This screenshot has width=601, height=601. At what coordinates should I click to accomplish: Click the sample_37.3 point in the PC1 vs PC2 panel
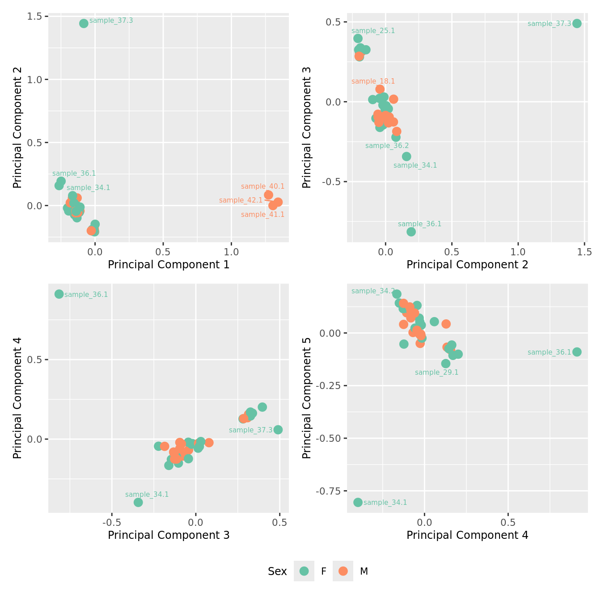(84, 23)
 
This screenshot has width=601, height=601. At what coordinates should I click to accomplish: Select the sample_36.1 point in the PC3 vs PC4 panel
(59, 294)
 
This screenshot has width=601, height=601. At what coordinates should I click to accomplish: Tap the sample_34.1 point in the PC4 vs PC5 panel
(358, 502)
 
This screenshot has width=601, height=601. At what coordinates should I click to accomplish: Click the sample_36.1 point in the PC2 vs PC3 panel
(411, 231)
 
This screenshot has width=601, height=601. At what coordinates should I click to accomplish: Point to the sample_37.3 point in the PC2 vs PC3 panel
(577, 23)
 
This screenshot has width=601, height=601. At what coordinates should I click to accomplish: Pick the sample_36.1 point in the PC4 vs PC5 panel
(577, 352)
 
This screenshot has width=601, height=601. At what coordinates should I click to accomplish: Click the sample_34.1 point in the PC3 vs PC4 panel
(138, 502)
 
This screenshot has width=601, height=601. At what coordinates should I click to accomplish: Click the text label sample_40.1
(262, 186)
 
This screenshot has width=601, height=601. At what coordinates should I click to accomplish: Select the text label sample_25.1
(373, 31)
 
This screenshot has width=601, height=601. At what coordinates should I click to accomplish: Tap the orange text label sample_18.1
(373, 81)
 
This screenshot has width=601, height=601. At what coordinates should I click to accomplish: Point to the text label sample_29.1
(436, 372)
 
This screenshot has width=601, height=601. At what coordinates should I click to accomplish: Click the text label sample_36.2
(387, 146)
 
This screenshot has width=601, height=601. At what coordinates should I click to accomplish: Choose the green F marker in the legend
(304, 571)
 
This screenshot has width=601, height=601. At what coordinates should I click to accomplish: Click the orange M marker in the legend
(343, 571)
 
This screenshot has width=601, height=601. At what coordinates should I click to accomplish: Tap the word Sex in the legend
(277, 571)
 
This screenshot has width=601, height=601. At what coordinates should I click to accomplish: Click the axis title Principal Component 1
(169, 265)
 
